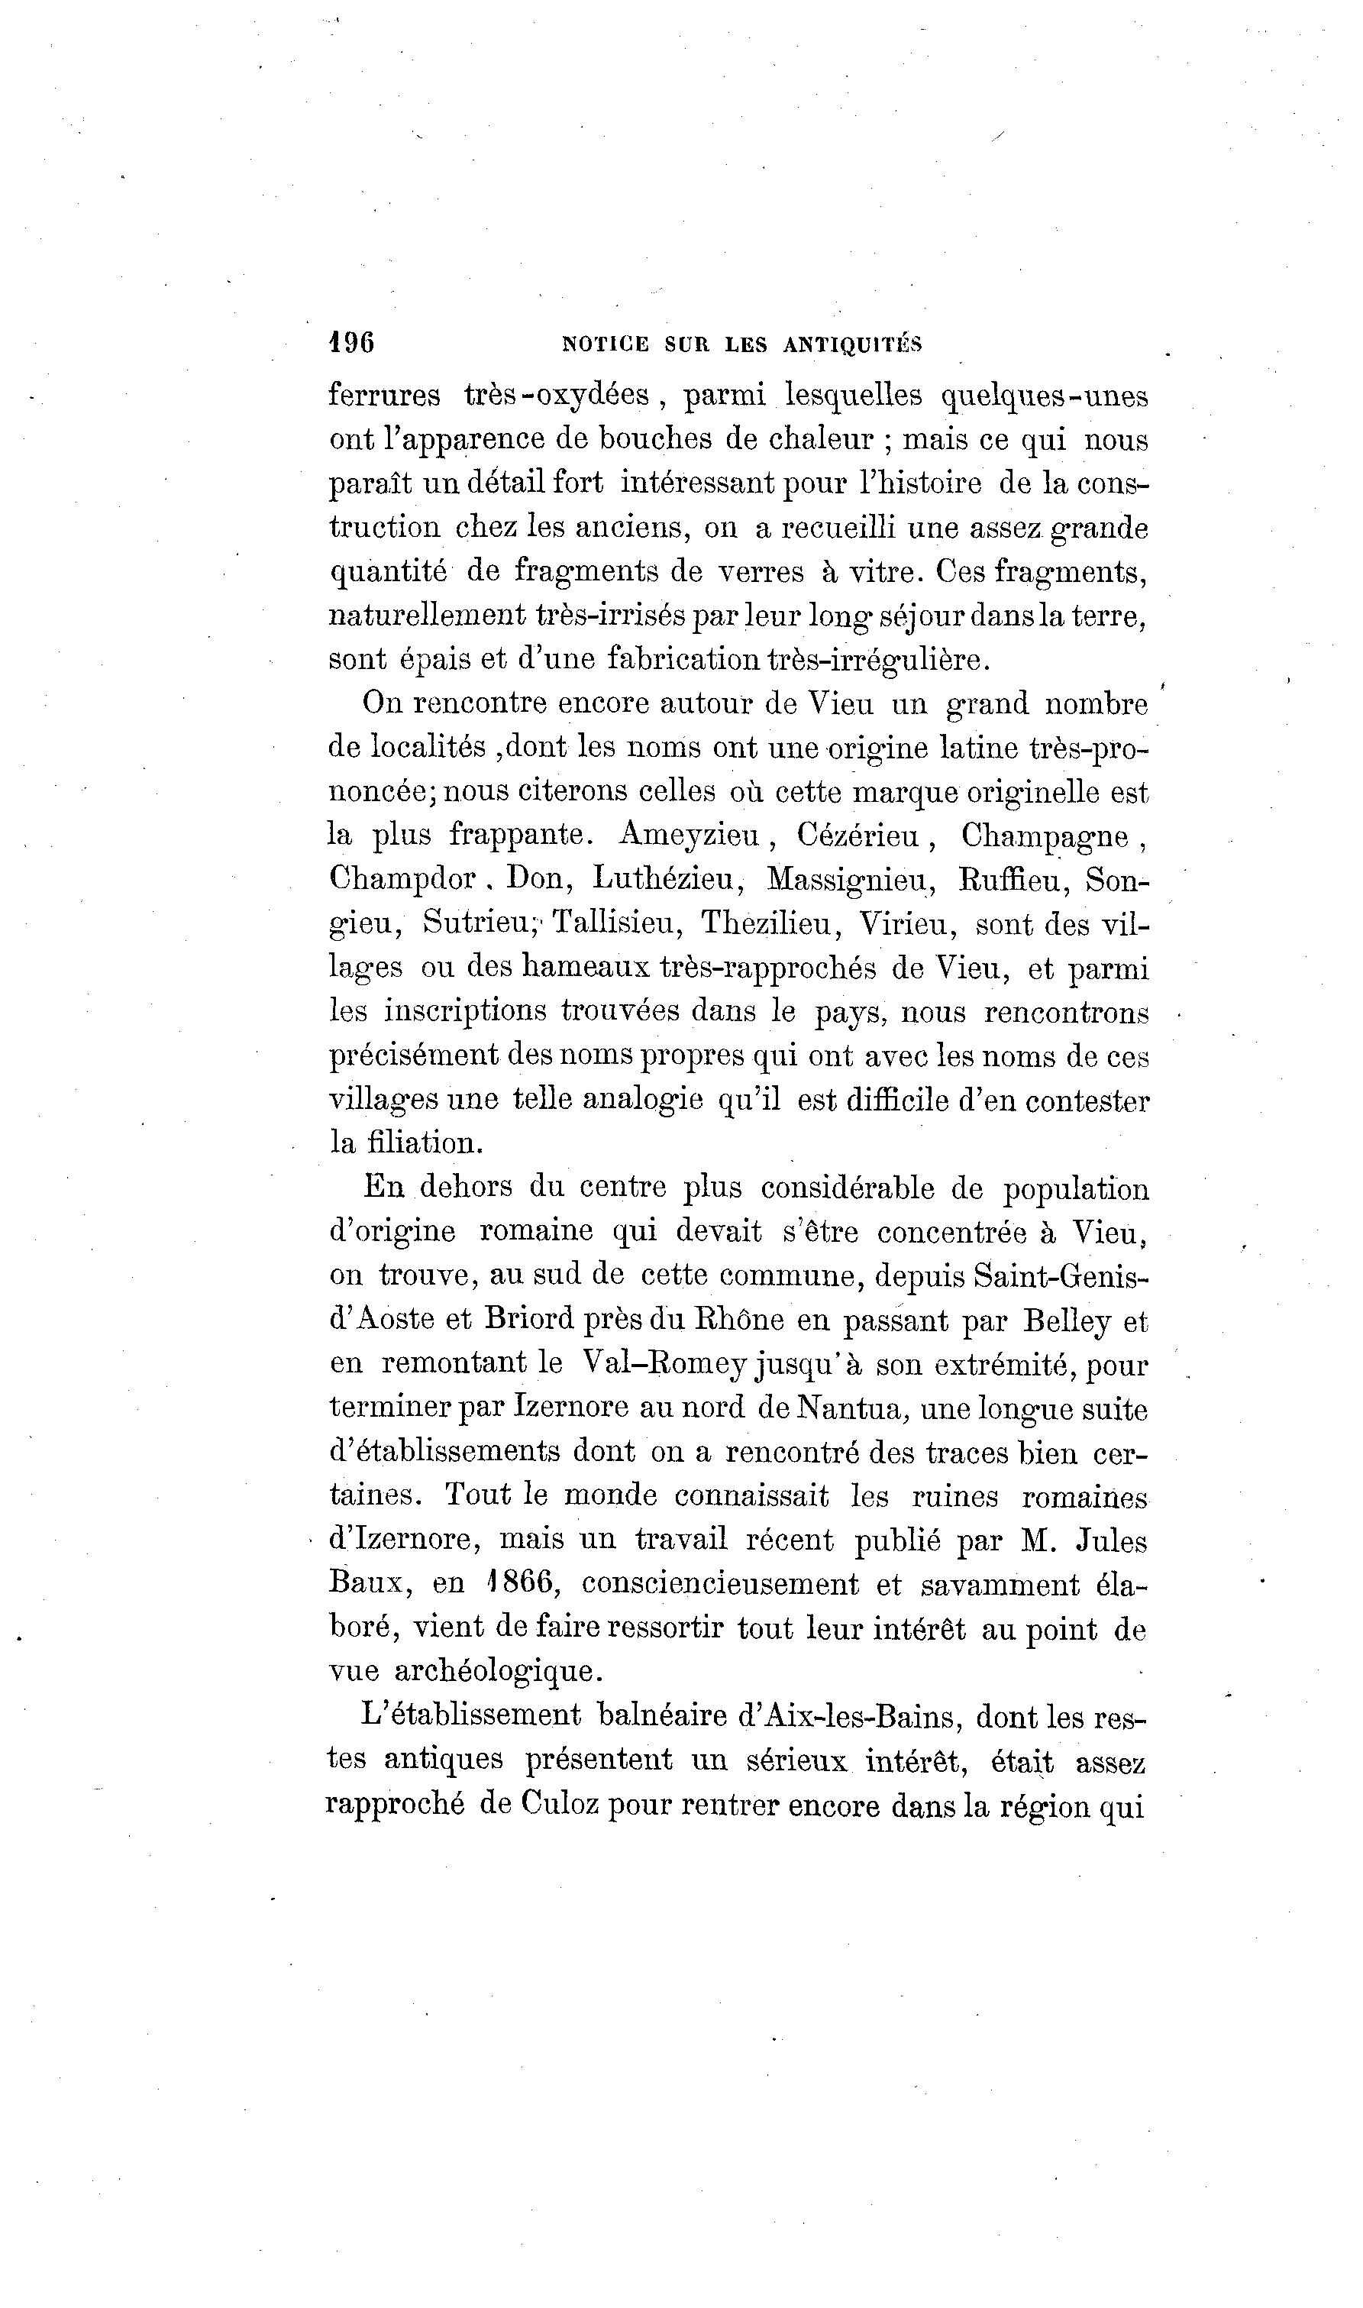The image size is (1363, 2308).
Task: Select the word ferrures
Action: coord(384,395)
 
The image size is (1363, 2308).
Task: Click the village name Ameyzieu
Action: coord(690,834)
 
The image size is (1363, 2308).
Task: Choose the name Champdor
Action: coord(402,879)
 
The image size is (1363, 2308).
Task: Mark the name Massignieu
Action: coord(846,879)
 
